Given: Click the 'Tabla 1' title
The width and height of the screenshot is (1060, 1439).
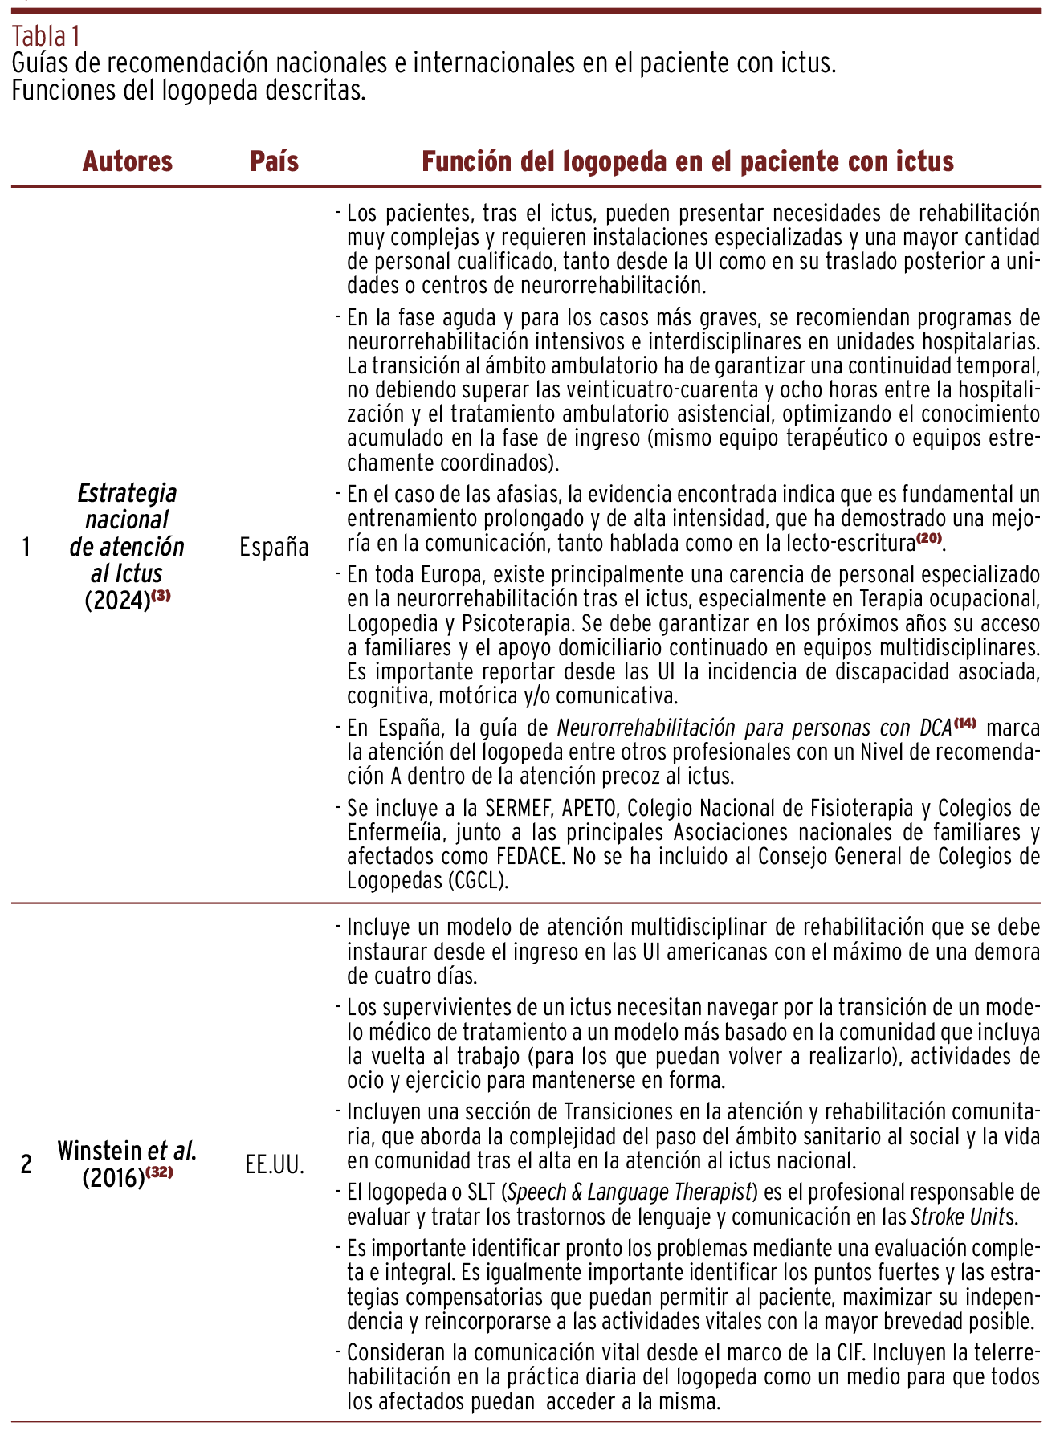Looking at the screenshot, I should click(47, 36).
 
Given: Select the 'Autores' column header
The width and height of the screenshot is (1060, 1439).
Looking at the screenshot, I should click(128, 161).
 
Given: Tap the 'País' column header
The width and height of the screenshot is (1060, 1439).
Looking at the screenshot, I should click(275, 161).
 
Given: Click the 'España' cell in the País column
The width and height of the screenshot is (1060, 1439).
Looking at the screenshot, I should click(274, 547).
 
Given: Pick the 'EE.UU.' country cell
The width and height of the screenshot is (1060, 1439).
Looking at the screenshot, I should click(275, 1164).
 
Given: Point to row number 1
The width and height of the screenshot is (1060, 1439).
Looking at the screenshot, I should click(26, 547).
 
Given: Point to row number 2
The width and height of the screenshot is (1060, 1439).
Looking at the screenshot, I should click(26, 1164).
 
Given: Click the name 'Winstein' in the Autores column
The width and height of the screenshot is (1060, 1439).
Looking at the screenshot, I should click(99, 1150).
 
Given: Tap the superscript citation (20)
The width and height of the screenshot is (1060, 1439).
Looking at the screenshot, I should click(928, 538).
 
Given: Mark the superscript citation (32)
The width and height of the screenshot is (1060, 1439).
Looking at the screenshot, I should click(159, 1172).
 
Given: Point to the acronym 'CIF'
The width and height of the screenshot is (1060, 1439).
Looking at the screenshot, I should click(846, 1352).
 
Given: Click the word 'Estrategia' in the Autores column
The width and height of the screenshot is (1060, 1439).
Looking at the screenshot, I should click(128, 493).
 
